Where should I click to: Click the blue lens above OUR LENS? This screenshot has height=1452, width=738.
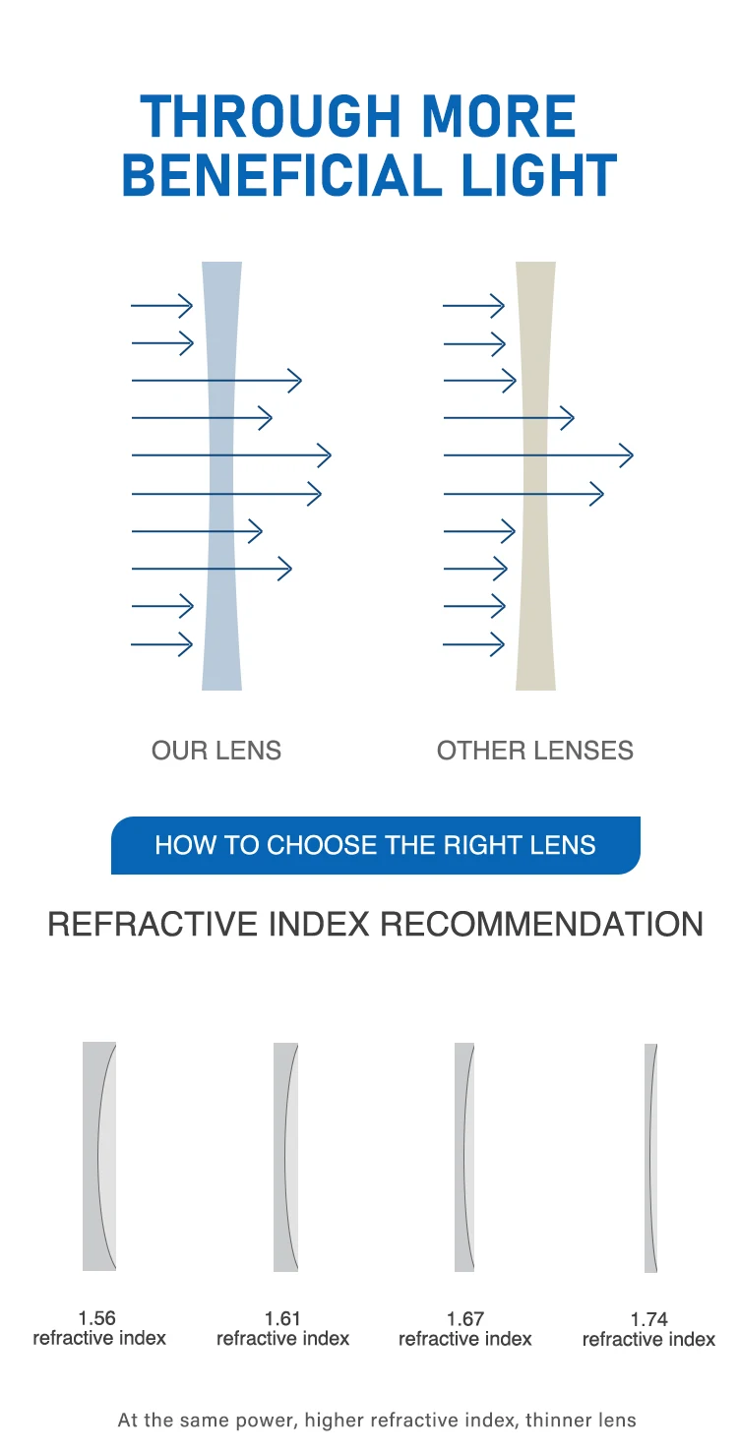click(221, 476)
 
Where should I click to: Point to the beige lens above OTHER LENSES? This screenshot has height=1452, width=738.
click(535, 476)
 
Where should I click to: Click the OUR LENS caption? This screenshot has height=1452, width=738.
click(216, 751)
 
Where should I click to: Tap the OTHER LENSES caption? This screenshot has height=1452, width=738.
click(534, 751)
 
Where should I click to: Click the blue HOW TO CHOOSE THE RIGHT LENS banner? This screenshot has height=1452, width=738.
click(375, 845)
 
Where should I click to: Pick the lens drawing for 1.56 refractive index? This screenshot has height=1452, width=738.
click(99, 1156)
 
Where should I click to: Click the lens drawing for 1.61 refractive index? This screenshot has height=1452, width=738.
click(285, 1157)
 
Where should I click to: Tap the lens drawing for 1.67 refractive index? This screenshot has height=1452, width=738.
click(464, 1157)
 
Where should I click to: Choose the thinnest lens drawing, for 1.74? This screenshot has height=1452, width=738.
click(650, 1158)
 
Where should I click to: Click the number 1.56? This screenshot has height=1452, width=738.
click(96, 1318)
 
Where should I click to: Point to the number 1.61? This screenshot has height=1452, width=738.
click(282, 1319)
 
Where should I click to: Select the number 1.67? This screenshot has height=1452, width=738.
click(464, 1319)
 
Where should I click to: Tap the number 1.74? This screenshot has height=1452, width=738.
click(648, 1319)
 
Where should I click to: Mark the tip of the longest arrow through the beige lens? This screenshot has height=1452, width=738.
click(633, 455)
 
